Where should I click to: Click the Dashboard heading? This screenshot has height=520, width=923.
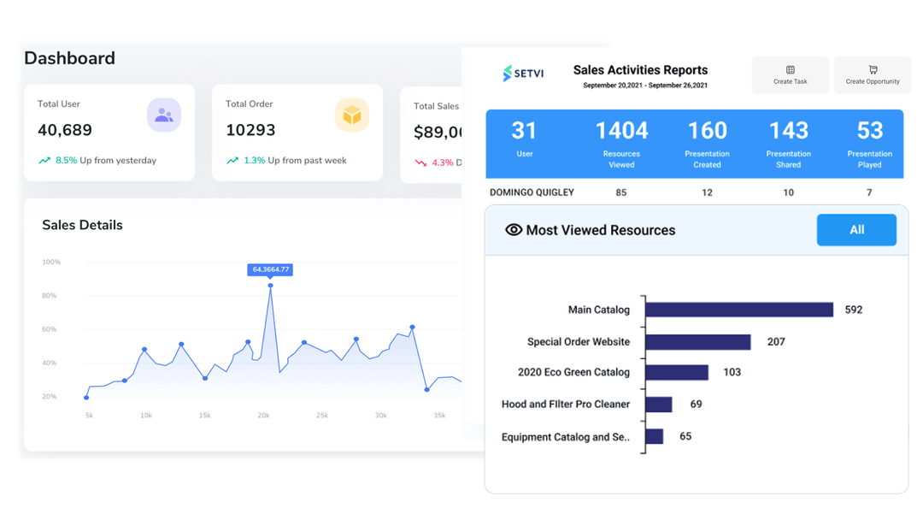coord(69,58)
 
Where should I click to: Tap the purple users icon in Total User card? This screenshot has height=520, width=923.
coord(163,115)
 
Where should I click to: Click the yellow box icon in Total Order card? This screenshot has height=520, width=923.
coord(351,115)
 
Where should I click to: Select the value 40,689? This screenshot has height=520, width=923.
coord(65,130)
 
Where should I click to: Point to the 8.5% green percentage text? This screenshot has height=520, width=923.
coord(66,161)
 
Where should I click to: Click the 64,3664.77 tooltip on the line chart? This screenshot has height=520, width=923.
coord(270,269)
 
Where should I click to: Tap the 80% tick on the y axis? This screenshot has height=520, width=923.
coord(50,296)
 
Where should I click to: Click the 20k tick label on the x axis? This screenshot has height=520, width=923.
coord(263,416)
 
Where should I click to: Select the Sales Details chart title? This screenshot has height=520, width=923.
coord(82,225)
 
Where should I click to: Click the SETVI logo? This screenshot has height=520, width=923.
coord(523,74)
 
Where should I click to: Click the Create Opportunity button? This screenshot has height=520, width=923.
coord(872,75)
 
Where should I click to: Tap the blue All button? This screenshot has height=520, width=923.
coord(856,230)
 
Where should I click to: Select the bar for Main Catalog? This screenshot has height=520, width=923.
coord(739,310)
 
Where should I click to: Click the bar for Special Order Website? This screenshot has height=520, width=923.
coord(698,342)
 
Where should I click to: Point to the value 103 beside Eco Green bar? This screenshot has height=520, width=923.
coord(732,372)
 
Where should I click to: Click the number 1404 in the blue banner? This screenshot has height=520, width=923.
coord(621,131)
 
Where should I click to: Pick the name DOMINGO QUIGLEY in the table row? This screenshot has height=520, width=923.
coord(532,192)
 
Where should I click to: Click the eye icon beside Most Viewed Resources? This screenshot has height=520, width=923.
coord(513,230)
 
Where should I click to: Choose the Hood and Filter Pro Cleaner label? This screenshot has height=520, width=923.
coord(565,405)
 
